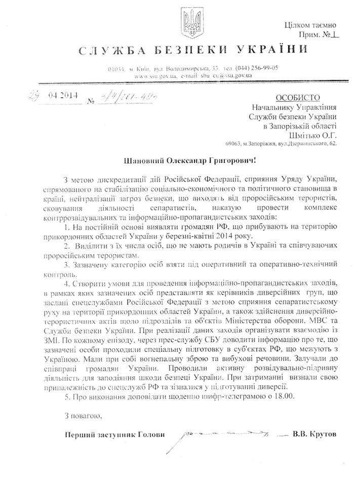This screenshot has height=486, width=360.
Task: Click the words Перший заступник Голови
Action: pyautogui.click(x=115, y=435)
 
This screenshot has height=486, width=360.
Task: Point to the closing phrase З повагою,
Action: pyautogui.click(x=84, y=416)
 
